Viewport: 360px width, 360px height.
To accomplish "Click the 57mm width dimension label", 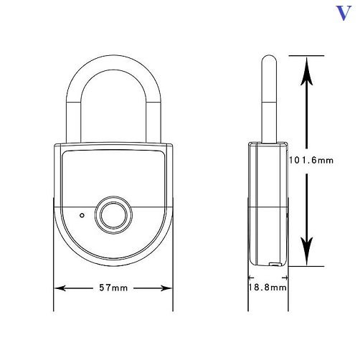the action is click(x=113, y=288).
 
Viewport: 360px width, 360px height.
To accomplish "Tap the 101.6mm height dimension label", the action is click(x=311, y=160).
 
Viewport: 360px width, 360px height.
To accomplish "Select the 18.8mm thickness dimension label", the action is click(x=267, y=287).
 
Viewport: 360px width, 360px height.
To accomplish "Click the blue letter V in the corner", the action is click(x=344, y=13).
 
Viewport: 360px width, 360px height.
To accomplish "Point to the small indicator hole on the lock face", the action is click(x=82, y=215).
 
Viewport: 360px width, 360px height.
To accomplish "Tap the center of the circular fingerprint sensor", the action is click(x=113, y=214).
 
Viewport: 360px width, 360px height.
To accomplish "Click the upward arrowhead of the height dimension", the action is click(x=307, y=71).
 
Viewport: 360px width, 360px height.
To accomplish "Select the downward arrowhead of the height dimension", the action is click(x=307, y=251).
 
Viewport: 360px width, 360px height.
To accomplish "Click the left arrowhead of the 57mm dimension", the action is click(x=60, y=288).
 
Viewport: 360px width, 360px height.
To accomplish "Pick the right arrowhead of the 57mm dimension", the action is click(x=166, y=288).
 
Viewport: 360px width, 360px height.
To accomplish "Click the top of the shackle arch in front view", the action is click(x=113, y=62).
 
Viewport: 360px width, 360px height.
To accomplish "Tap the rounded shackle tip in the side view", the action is click(x=269, y=59).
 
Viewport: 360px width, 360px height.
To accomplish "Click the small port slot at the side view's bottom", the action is click(x=275, y=264).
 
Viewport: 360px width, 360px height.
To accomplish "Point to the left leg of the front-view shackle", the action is click(x=73, y=122).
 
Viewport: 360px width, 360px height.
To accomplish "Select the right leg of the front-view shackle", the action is click(x=153, y=122).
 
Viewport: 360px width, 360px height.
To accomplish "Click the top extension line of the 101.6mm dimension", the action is click(x=307, y=56).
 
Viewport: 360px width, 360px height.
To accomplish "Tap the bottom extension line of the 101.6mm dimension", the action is click(x=307, y=266).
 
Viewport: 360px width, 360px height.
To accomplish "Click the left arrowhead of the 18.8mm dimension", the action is click(x=251, y=278).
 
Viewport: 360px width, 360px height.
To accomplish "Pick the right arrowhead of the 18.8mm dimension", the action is click(x=285, y=278).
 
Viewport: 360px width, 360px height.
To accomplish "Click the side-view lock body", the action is click(x=268, y=204).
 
